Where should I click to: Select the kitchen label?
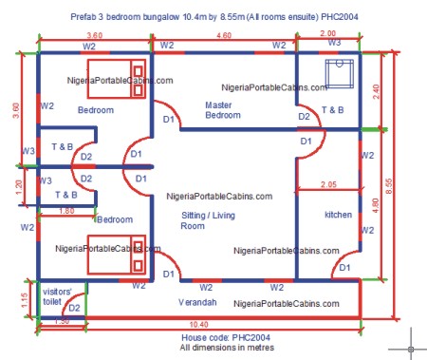click(338, 215)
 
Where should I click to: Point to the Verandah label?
click(199, 301)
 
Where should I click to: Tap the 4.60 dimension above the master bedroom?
click(224, 35)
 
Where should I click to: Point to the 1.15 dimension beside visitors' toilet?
click(11, 297)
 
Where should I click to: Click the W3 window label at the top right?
click(334, 43)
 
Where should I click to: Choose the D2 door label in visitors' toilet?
click(73, 307)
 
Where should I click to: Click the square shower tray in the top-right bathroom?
click(339, 73)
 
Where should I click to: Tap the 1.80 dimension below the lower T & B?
click(66, 211)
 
